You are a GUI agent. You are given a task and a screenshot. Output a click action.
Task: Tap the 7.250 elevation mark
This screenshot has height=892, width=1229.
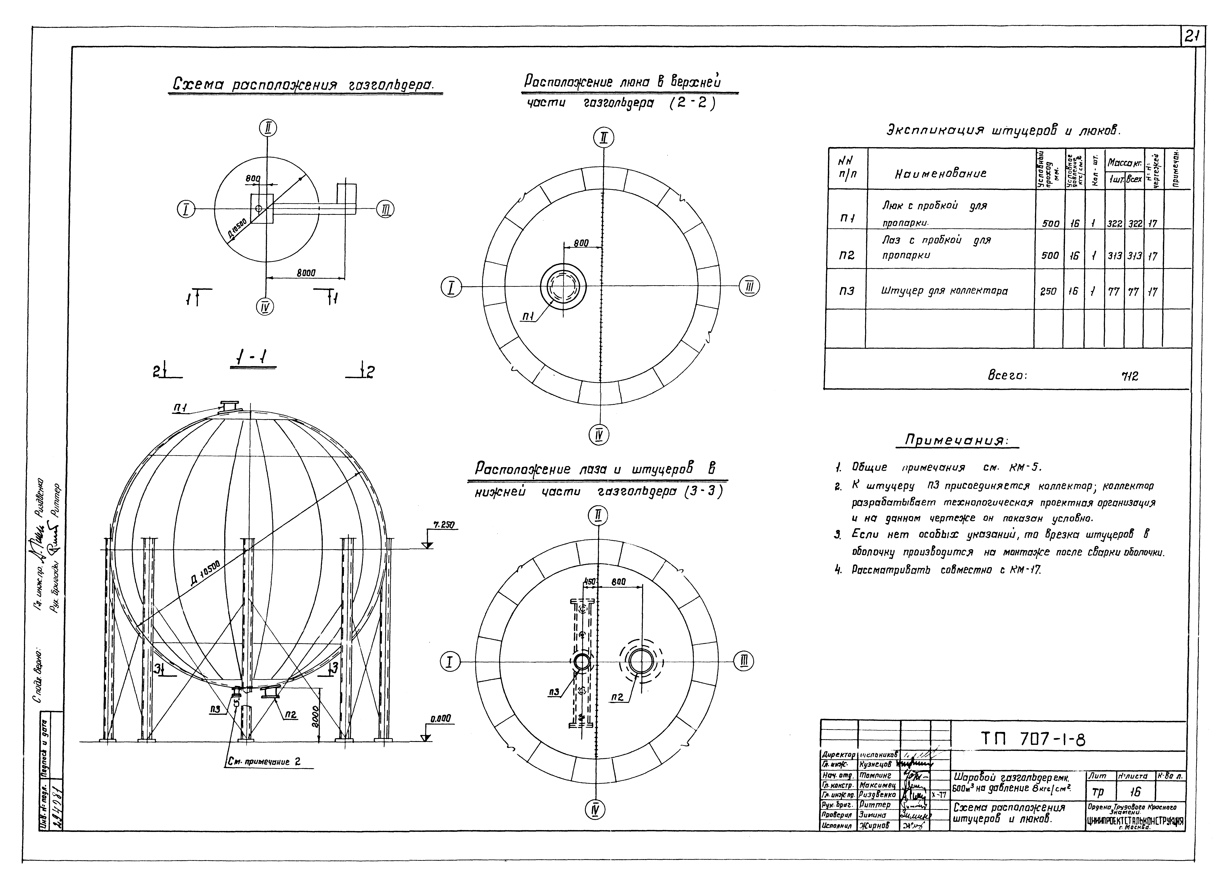pos(443,525)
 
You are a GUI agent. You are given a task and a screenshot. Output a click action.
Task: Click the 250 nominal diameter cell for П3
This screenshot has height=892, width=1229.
pos(1048,291)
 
